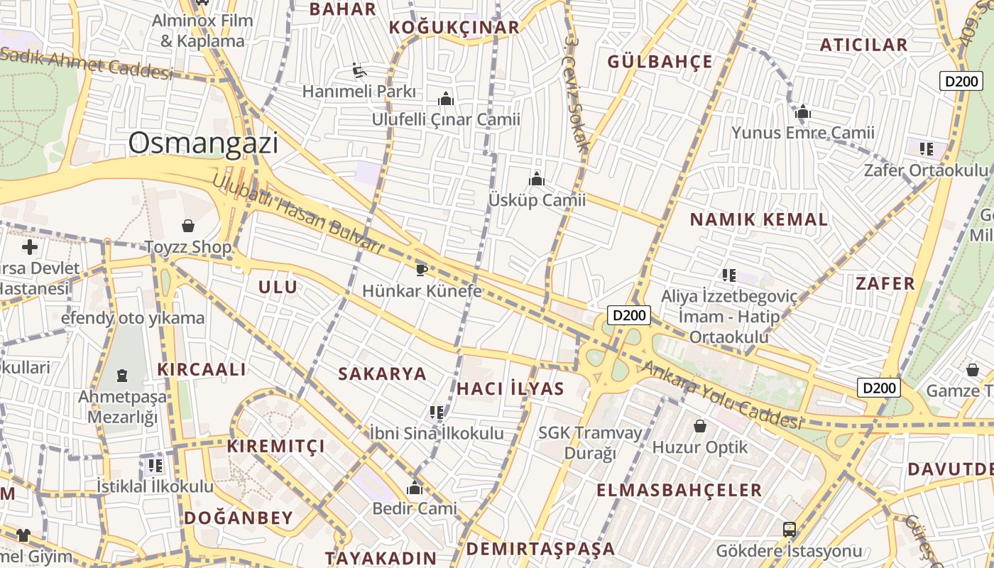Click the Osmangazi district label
tap(203, 143)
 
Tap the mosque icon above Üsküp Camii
tap(537, 179)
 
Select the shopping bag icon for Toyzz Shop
tap(188, 226)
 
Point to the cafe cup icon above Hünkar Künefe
tap(421, 269)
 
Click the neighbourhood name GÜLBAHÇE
tap(660, 62)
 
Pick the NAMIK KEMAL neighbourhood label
tap(758, 219)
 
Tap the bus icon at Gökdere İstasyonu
tap(789, 530)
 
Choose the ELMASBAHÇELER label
tap(679, 490)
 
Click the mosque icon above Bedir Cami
tap(415, 488)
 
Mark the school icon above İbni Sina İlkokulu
tap(436, 413)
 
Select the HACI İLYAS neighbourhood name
tap(510, 388)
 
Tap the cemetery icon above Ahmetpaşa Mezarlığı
tap(122, 375)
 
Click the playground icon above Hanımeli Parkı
tap(359, 70)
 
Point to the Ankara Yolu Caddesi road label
tap(721, 395)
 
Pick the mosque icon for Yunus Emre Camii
tap(803, 111)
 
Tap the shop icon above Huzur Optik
tap(700, 426)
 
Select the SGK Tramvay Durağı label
tap(589, 442)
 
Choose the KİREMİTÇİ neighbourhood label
tap(275, 447)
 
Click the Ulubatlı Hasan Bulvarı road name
tap(297, 214)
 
